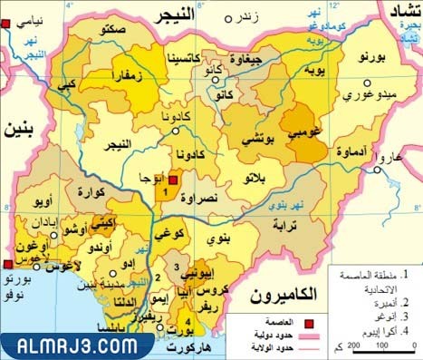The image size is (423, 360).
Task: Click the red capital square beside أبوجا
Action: (x=173, y=180)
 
